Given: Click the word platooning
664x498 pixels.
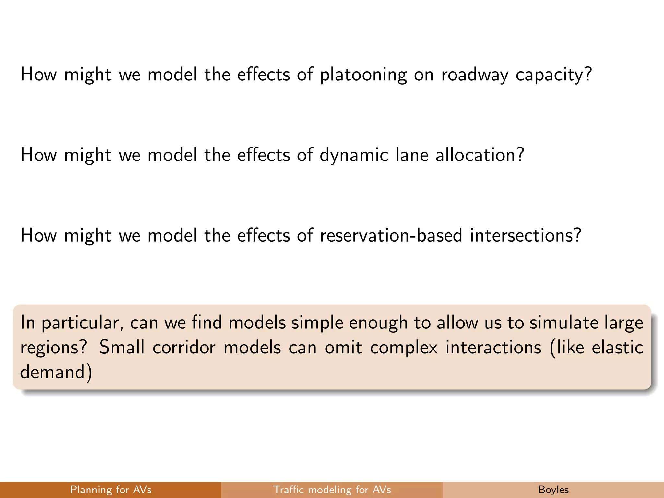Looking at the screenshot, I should [363, 75].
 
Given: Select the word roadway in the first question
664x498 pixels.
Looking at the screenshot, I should [475, 75].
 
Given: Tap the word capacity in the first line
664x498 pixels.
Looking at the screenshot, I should [553, 75].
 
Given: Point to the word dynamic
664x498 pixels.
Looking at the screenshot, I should [354, 155].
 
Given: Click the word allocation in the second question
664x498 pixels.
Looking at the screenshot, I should [480, 155].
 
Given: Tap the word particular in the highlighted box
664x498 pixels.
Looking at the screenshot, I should [82, 323].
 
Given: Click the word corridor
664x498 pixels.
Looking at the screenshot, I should [184, 348].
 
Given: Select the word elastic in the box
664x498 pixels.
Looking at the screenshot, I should [617, 347].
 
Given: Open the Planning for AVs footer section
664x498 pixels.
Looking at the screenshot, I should [111, 490].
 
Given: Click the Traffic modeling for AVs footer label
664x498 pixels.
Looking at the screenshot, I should [332, 490].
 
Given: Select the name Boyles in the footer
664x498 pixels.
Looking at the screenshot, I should [553, 490].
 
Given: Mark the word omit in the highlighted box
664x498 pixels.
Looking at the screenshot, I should [343, 348].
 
